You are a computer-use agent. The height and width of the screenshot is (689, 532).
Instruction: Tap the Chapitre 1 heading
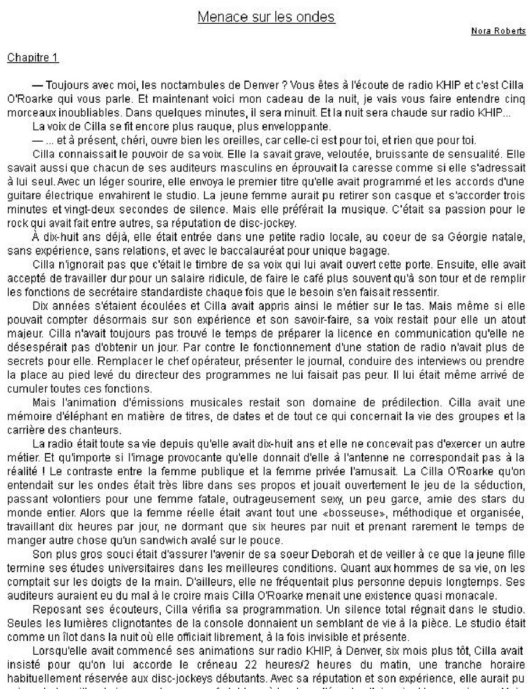pyautogui.click(x=33, y=58)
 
